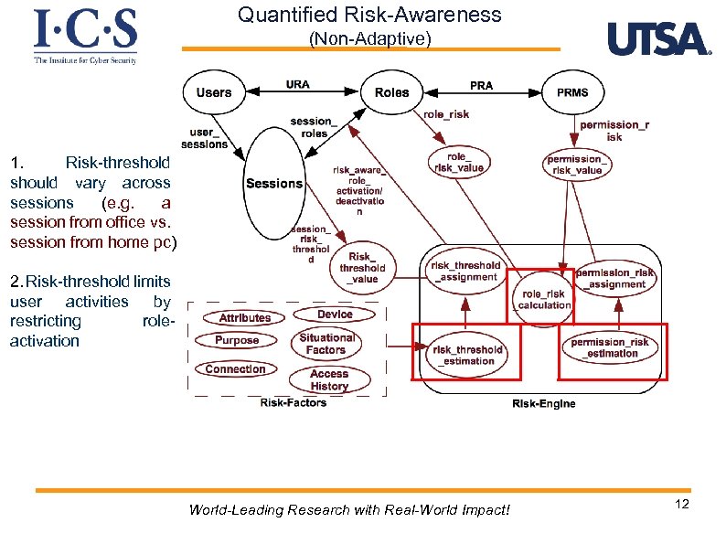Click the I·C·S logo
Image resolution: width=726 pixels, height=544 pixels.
85,36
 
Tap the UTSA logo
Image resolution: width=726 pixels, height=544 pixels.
657,39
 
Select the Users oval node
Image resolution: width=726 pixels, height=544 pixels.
214,92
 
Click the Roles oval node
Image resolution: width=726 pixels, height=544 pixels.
391,92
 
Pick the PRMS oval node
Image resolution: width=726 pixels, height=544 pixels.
572,92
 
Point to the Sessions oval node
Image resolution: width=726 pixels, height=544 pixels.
273,184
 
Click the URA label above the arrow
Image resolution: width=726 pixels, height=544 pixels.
297,84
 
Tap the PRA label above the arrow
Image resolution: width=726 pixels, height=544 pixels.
481,85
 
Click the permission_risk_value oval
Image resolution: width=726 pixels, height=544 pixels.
575,165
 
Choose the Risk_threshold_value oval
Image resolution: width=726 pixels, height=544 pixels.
362,268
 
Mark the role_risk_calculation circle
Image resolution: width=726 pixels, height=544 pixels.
543,299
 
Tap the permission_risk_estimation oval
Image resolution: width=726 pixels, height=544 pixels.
610,347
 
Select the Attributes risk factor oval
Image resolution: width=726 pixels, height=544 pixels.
244,317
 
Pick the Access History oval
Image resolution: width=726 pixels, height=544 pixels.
329,379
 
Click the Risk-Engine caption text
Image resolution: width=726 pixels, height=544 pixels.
544,404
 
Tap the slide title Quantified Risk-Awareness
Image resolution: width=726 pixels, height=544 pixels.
369,15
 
